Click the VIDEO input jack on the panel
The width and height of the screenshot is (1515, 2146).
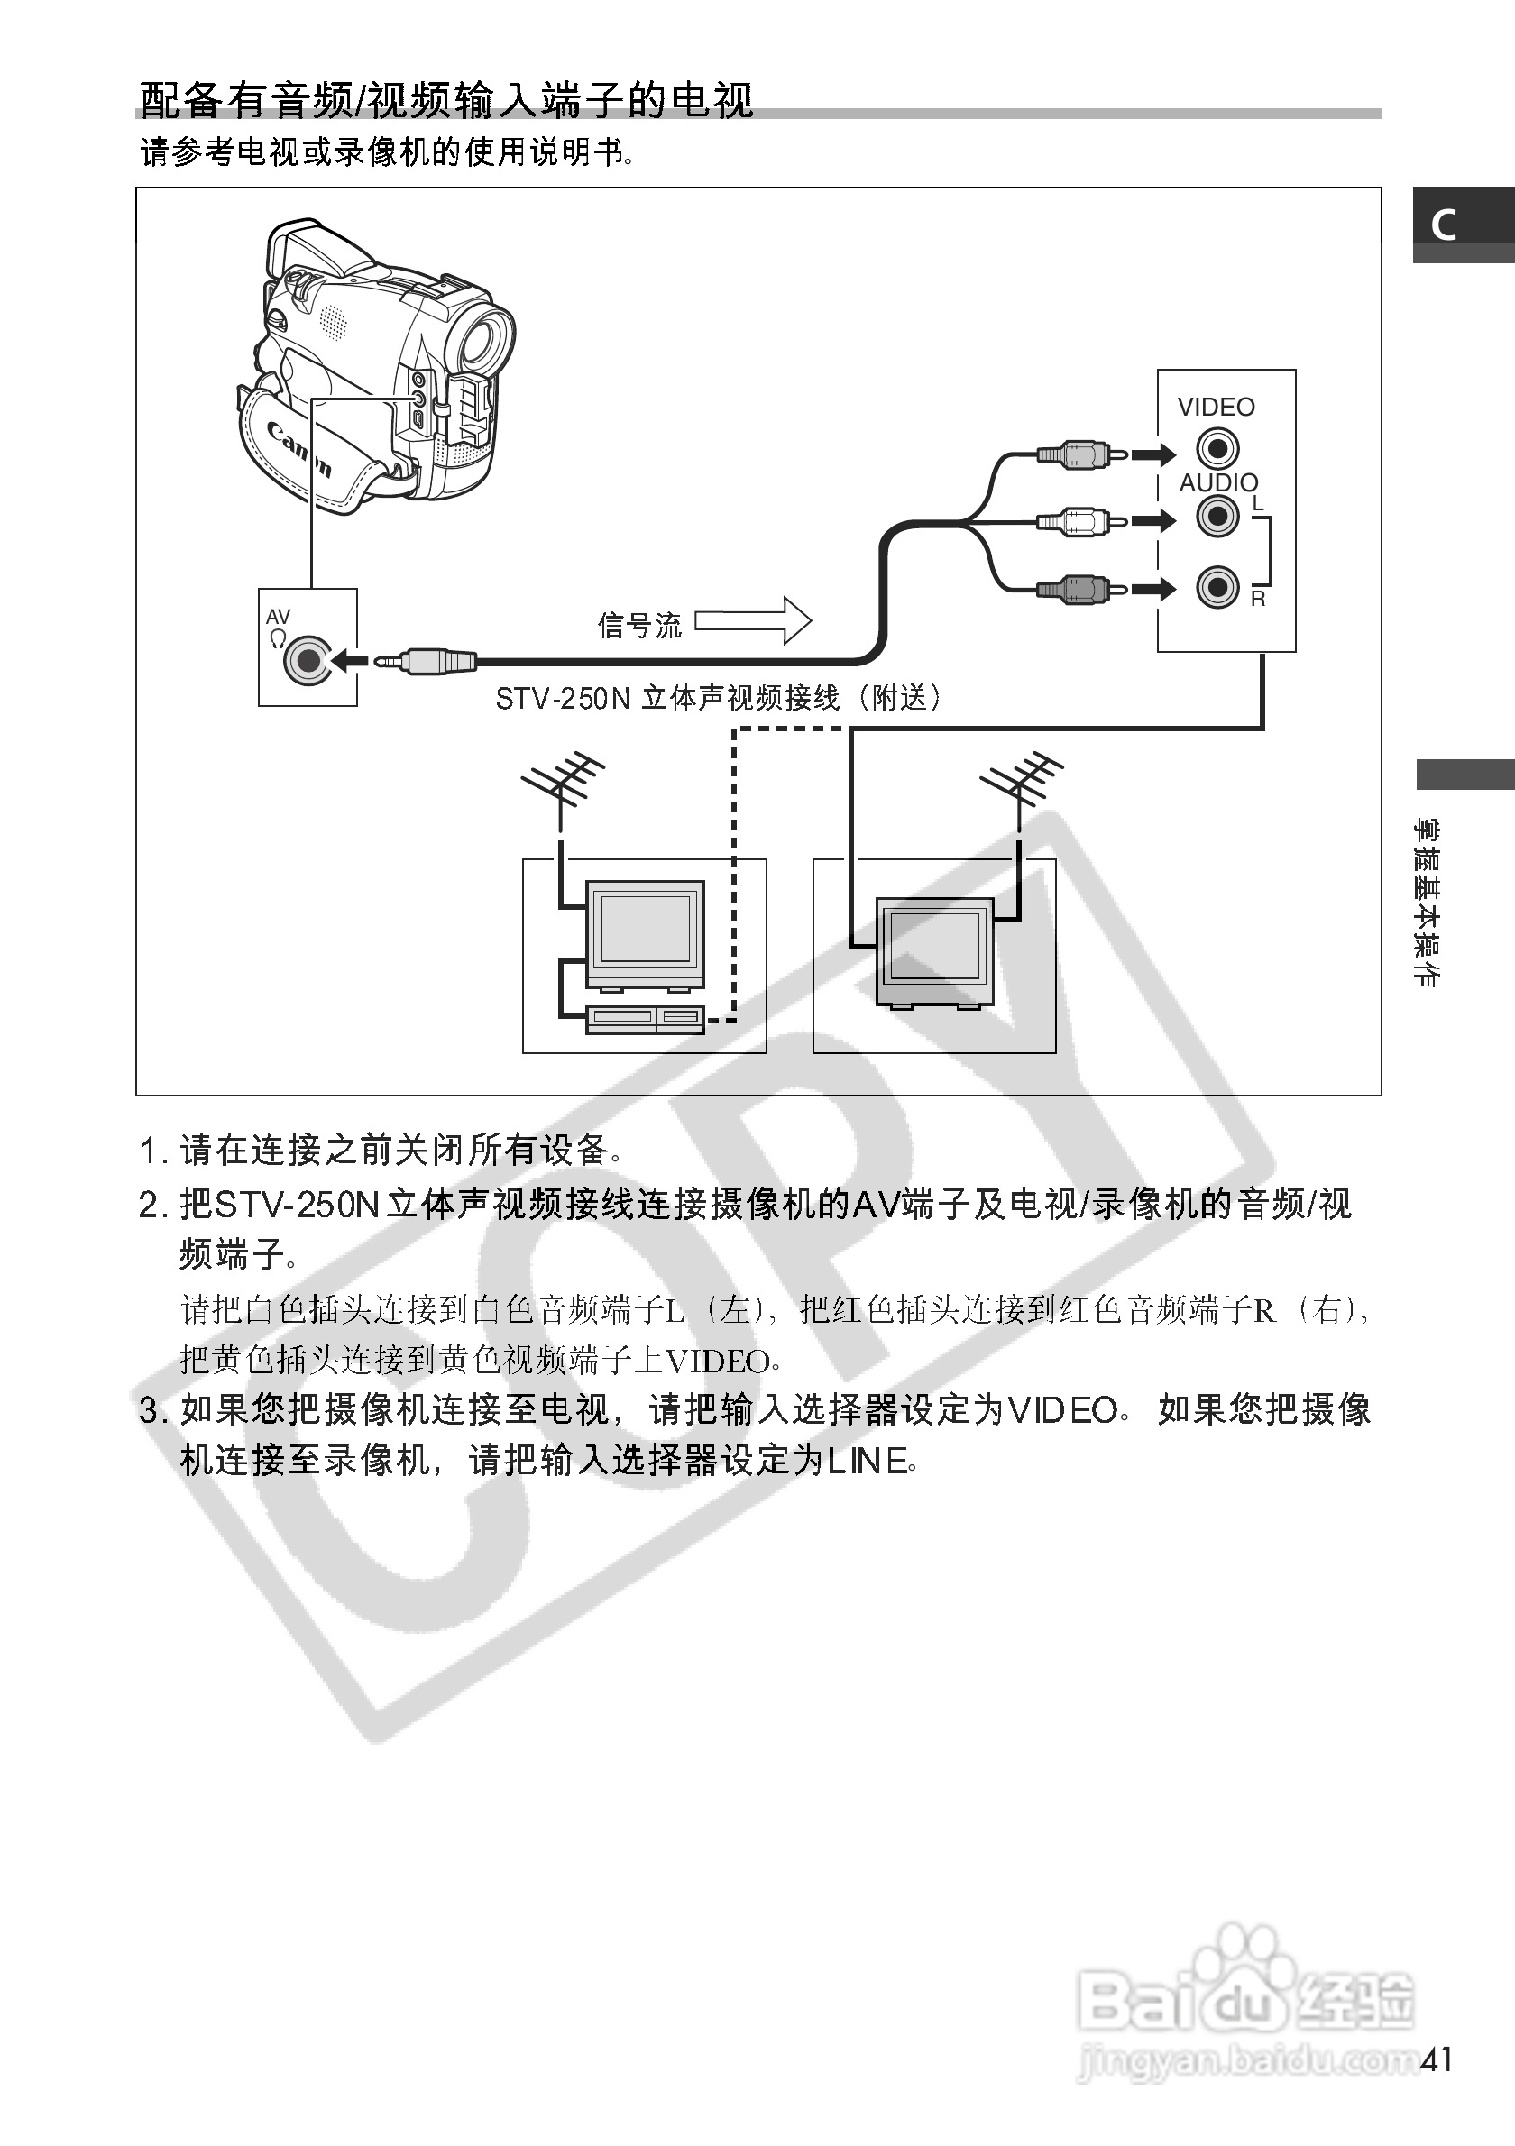coord(1217,449)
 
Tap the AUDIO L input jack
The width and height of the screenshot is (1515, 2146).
coord(1217,516)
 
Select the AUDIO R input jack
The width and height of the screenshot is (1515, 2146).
coord(1217,587)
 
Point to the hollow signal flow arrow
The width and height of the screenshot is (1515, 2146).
coord(753,620)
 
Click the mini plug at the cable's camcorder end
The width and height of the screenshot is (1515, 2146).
coord(426,662)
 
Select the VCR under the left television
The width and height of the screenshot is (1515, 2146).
coord(645,1018)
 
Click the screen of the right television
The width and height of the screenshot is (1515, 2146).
coord(934,945)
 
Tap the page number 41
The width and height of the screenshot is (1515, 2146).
coord(1437,2060)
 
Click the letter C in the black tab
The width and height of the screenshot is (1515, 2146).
coord(1444,225)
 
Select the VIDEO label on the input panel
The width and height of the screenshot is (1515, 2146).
coord(1216,408)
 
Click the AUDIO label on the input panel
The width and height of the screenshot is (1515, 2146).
coord(1217,482)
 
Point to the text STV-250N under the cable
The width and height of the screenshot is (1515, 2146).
coord(563,698)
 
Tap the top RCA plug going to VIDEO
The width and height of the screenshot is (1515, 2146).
coord(1073,455)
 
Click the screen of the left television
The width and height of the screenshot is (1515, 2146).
coord(645,928)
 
